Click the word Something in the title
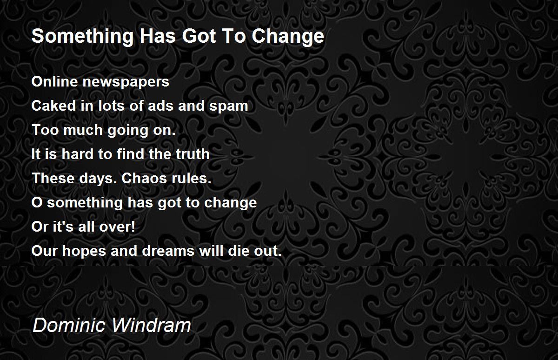83,37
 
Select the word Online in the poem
55,81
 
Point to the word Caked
53,106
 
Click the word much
83,130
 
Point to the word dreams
168,251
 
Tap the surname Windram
151,325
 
